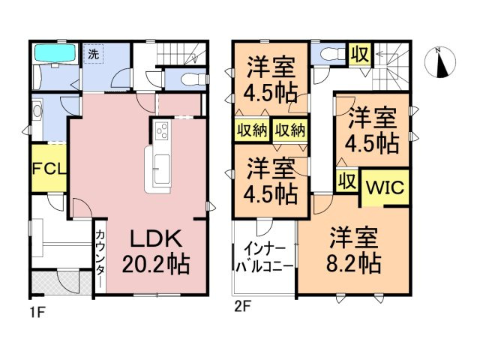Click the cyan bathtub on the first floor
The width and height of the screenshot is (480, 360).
coord(55,54)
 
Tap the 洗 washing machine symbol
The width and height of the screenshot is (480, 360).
coord(94,54)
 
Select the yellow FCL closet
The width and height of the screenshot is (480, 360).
coord(49,168)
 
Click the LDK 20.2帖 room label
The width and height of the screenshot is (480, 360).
coord(156,251)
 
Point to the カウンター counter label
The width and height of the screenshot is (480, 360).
coord(100,255)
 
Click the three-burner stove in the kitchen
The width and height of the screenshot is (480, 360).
coord(162,130)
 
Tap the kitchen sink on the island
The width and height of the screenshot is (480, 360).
coord(162,169)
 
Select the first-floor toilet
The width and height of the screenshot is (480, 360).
coord(193,79)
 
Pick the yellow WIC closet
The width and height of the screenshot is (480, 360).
coord(385,187)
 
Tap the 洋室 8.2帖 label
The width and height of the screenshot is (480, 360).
coord(353,250)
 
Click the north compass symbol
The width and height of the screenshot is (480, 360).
coord(440,62)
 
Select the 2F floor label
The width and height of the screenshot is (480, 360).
coord(242,307)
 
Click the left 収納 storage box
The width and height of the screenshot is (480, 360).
coord(252,130)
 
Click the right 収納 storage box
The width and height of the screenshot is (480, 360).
coord(290,130)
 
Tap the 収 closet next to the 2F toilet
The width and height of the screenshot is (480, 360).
coord(360,55)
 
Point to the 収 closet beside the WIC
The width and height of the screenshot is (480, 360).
coord(347,181)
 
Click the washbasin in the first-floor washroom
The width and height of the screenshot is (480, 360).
coord(37,111)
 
